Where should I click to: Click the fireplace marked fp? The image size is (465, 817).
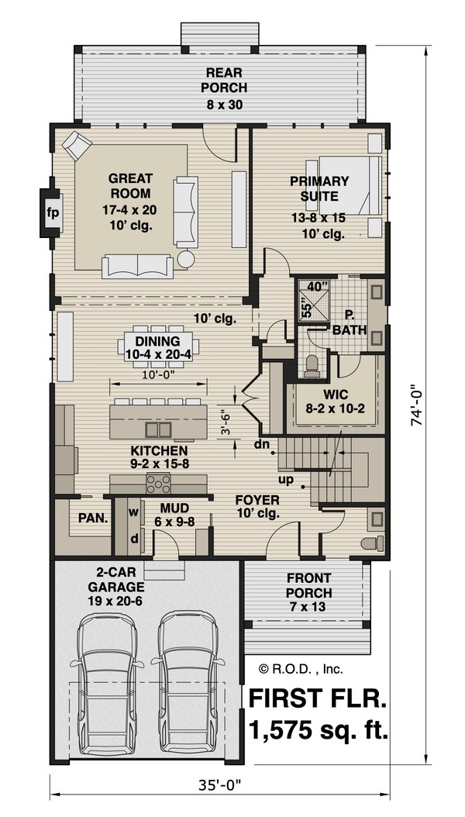(x=52, y=212)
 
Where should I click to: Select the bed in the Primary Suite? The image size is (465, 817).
(x=349, y=185)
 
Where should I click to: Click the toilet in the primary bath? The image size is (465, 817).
(x=312, y=366)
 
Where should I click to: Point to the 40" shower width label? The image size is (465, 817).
(x=315, y=286)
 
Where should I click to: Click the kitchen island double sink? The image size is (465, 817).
(x=158, y=429)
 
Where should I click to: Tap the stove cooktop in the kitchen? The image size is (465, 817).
(x=158, y=484)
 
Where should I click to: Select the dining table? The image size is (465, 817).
(x=158, y=346)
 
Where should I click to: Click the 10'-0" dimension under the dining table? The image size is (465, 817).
(x=158, y=374)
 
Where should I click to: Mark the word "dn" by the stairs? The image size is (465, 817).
(x=261, y=444)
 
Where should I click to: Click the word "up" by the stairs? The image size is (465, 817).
(x=286, y=479)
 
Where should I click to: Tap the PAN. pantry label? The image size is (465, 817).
(x=93, y=518)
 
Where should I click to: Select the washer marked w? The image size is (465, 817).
(x=134, y=512)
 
